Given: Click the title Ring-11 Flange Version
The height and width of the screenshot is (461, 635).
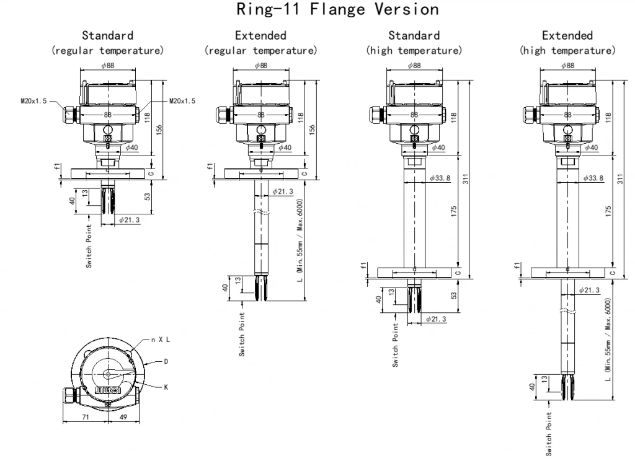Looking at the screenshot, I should pos(317,10).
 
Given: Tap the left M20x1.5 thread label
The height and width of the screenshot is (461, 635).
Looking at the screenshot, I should pos(32,100).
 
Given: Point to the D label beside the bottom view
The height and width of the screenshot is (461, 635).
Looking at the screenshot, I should pos(166,360).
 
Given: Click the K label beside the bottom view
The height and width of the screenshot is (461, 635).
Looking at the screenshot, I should pos(166,387).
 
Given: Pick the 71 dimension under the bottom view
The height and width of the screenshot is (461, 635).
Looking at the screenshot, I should pos(85,418).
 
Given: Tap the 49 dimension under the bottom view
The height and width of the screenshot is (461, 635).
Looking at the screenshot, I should pos(123,418).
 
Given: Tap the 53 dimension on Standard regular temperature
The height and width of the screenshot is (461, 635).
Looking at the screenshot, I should pos(148,196).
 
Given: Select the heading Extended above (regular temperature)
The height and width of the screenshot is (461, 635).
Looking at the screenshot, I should pos(260,35).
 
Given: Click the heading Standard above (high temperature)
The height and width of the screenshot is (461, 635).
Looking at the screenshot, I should pos(414,35).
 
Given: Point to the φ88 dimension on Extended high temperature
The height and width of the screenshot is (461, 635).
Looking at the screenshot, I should pos(567,65).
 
